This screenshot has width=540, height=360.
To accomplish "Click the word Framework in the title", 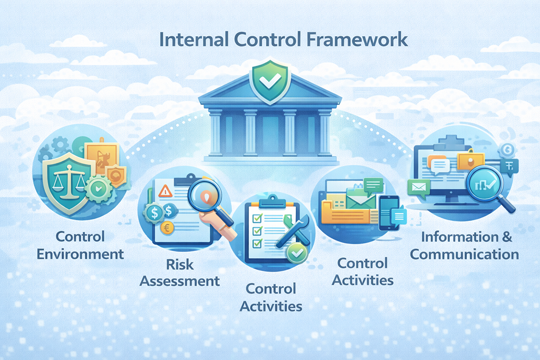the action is [x=357, y=39].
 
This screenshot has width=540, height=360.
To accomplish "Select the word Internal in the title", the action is [x=194, y=39].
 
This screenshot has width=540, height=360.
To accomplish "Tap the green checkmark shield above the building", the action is [x=270, y=82].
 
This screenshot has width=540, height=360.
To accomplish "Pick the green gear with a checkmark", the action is [x=99, y=188].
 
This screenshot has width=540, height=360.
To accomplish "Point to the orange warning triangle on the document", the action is [x=165, y=191].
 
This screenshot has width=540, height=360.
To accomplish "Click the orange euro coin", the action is [x=167, y=228].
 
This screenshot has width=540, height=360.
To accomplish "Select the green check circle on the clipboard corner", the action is [x=296, y=254].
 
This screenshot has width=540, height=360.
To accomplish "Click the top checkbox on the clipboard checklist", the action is [x=257, y=218].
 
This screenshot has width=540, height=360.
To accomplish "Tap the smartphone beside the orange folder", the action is [x=389, y=212].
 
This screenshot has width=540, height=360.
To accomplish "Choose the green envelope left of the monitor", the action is [x=419, y=188].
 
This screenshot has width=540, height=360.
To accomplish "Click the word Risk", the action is [x=180, y=264].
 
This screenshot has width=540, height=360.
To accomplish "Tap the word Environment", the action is [x=80, y=254].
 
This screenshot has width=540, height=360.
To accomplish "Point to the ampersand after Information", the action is [x=507, y=237].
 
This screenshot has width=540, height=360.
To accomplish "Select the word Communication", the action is [x=464, y=255].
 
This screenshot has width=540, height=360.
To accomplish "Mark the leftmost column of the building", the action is [x=215, y=133].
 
